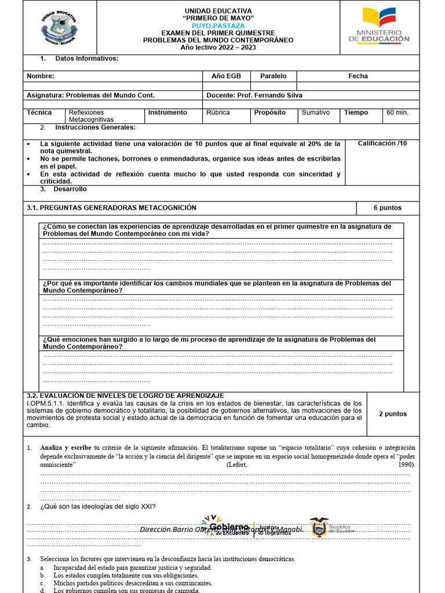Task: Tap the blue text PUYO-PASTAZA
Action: coord(218,26)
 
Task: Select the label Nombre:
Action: coord(41,76)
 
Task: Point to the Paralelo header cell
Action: coord(273,76)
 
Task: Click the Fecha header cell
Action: coord(358,76)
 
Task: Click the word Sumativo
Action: coord(316,112)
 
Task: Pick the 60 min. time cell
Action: coord(397,112)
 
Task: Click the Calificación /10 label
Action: coord(382,143)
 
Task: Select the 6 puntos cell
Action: coord(387,208)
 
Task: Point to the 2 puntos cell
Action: coord(392,414)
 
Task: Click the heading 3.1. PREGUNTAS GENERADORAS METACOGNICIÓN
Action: coord(112,208)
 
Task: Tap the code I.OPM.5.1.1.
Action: coord(46,403)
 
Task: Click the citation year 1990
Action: coord(406,464)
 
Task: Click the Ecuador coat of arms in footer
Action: coord(319,528)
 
